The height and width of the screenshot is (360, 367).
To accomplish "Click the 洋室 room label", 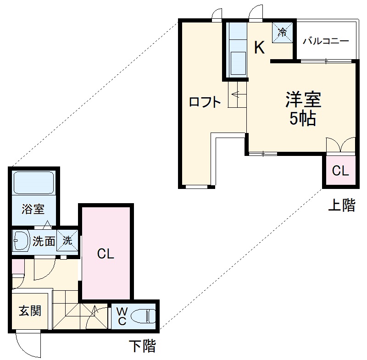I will pyautogui.click(x=303, y=100).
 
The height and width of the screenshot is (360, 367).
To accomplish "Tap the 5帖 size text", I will pyautogui.click(x=302, y=119).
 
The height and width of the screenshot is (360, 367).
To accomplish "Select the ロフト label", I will pyautogui.click(x=205, y=102).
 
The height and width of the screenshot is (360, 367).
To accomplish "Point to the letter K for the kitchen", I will pyautogui.click(x=260, y=48).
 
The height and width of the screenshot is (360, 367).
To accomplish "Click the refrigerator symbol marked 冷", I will pyautogui.click(x=283, y=32).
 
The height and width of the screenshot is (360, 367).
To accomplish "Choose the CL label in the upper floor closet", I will pyautogui.click(x=340, y=172).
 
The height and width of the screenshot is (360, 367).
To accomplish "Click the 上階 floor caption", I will pyautogui.click(x=341, y=205).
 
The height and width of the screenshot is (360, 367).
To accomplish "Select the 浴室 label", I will pyautogui.click(x=33, y=210).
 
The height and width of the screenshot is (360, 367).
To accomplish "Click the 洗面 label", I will pyautogui.click(x=44, y=240).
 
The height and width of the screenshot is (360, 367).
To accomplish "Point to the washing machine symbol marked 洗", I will pyautogui.click(x=67, y=240).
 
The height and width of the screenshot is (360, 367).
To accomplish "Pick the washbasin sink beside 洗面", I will pyautogui.click(x=21, y=240).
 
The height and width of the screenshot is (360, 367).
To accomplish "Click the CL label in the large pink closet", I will pyautogui.click(x=106, y=253).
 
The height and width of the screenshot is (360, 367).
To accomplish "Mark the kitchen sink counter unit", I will pyautogui.click(x=237, y=50).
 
